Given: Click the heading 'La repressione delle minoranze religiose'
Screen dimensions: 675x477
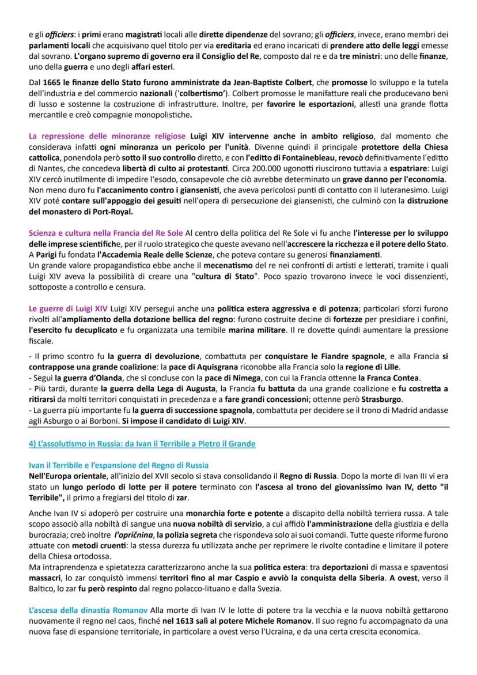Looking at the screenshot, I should pyautogui.click(x=107, y=136).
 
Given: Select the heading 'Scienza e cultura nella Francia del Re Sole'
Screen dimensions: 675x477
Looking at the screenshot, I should pyautogui.click(x=105, y=232).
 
